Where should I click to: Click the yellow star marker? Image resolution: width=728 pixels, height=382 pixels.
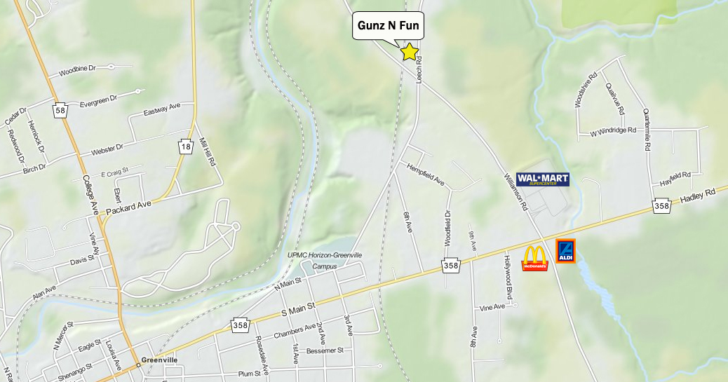[x=409, y=52]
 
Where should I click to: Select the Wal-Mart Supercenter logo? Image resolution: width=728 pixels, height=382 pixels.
[x=542, y=179]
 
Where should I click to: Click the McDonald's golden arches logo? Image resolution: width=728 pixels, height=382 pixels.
[x=534, y=258]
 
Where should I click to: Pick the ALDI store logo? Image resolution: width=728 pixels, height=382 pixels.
[x=565, y=251]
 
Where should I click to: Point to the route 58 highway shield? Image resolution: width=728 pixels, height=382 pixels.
[x=61, y=111]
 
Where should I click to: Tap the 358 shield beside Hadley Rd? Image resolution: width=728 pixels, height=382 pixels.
[x=661, y=206]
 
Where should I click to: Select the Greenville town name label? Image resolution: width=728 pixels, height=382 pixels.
[x=159, y=360]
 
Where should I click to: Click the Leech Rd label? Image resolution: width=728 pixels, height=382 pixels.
[x=419, y=70]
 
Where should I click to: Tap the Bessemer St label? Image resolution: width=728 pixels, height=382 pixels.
[x=325, y=350]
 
